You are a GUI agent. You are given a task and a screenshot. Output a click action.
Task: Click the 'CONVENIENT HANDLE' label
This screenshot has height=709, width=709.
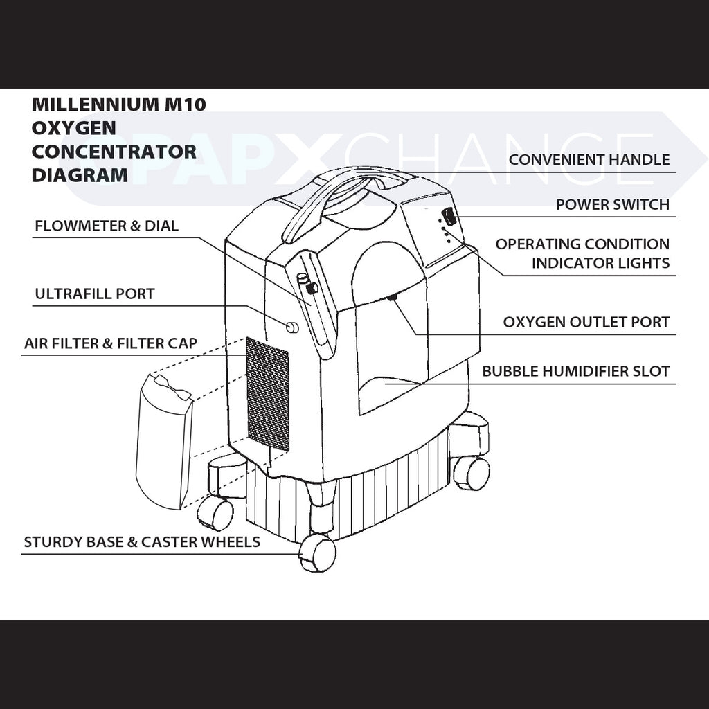point(589,160)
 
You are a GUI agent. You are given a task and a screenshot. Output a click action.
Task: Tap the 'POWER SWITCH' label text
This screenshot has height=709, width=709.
point(613,205)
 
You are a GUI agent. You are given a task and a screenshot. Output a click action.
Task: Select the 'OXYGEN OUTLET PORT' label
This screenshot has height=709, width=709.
point(586,322)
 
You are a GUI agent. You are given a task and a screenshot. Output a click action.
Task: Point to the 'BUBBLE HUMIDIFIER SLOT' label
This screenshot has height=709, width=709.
point(576,371)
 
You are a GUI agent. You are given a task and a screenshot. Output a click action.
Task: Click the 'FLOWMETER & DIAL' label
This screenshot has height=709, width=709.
point(107,226)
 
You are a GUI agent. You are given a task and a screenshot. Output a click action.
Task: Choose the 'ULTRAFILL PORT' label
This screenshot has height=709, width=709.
point(95,294)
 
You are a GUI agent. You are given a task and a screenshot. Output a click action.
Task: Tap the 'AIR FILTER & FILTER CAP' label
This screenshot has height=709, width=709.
point(111,343)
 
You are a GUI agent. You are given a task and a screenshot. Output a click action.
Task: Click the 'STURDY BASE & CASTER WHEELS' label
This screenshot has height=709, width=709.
point(142,541)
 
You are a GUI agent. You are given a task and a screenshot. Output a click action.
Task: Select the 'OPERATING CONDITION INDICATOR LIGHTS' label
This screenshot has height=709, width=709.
point(582,253)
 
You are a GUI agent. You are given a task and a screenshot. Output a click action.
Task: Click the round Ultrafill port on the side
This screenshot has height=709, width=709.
point(292,327)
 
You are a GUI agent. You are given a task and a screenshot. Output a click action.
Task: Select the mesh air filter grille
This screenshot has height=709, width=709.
point(268,393)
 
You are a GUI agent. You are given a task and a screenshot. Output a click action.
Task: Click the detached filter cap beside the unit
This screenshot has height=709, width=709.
point(163,440)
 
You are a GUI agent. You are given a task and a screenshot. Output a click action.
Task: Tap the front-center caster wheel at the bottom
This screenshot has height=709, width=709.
point(318,553)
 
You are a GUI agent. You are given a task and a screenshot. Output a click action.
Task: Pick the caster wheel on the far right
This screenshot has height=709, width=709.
point(472,474)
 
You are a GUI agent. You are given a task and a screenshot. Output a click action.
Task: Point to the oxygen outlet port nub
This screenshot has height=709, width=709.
point(392,297)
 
